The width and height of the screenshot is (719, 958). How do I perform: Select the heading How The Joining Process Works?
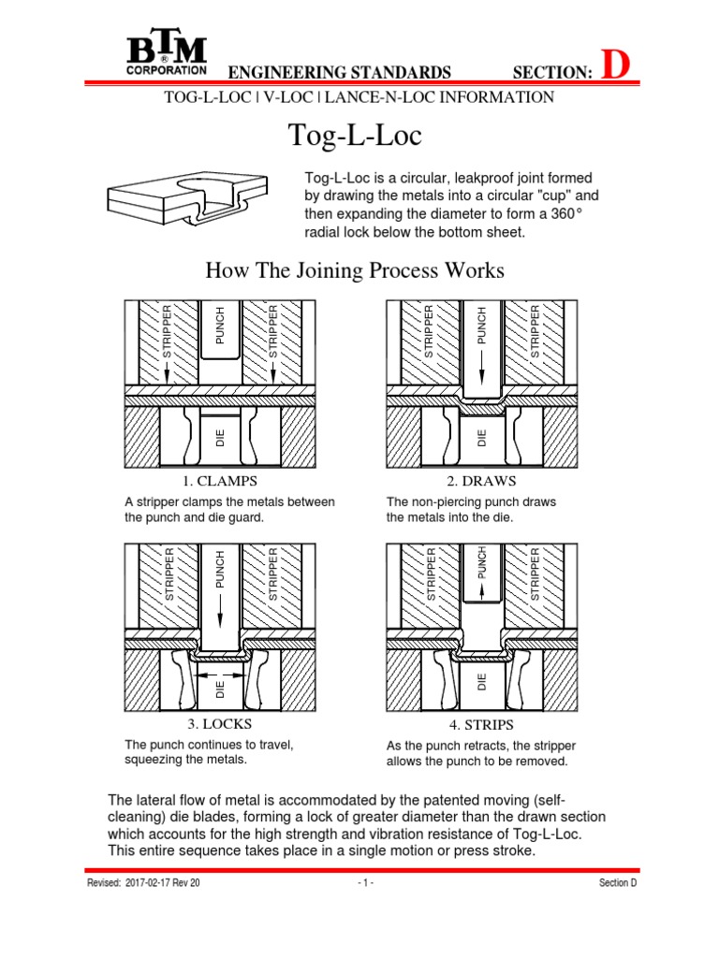[x=354, y=271]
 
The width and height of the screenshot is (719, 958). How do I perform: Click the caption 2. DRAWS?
[x=482, y=481]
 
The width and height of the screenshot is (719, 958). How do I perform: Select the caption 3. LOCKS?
[x=219, y=723]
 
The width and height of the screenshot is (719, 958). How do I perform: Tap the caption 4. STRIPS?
[x=482, y=725]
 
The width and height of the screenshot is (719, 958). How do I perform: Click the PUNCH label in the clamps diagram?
[x=221, y=326]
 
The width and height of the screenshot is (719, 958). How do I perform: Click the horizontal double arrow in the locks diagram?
[x=221, y=673]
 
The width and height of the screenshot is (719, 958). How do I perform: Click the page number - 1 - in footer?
[x=365, y=883]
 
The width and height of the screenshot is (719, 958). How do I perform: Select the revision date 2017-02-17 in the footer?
[x=155, y=883]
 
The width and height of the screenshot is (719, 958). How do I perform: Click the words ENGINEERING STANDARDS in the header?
[x=340, y=73]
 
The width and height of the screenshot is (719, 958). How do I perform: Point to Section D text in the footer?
[x=618, y=883]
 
